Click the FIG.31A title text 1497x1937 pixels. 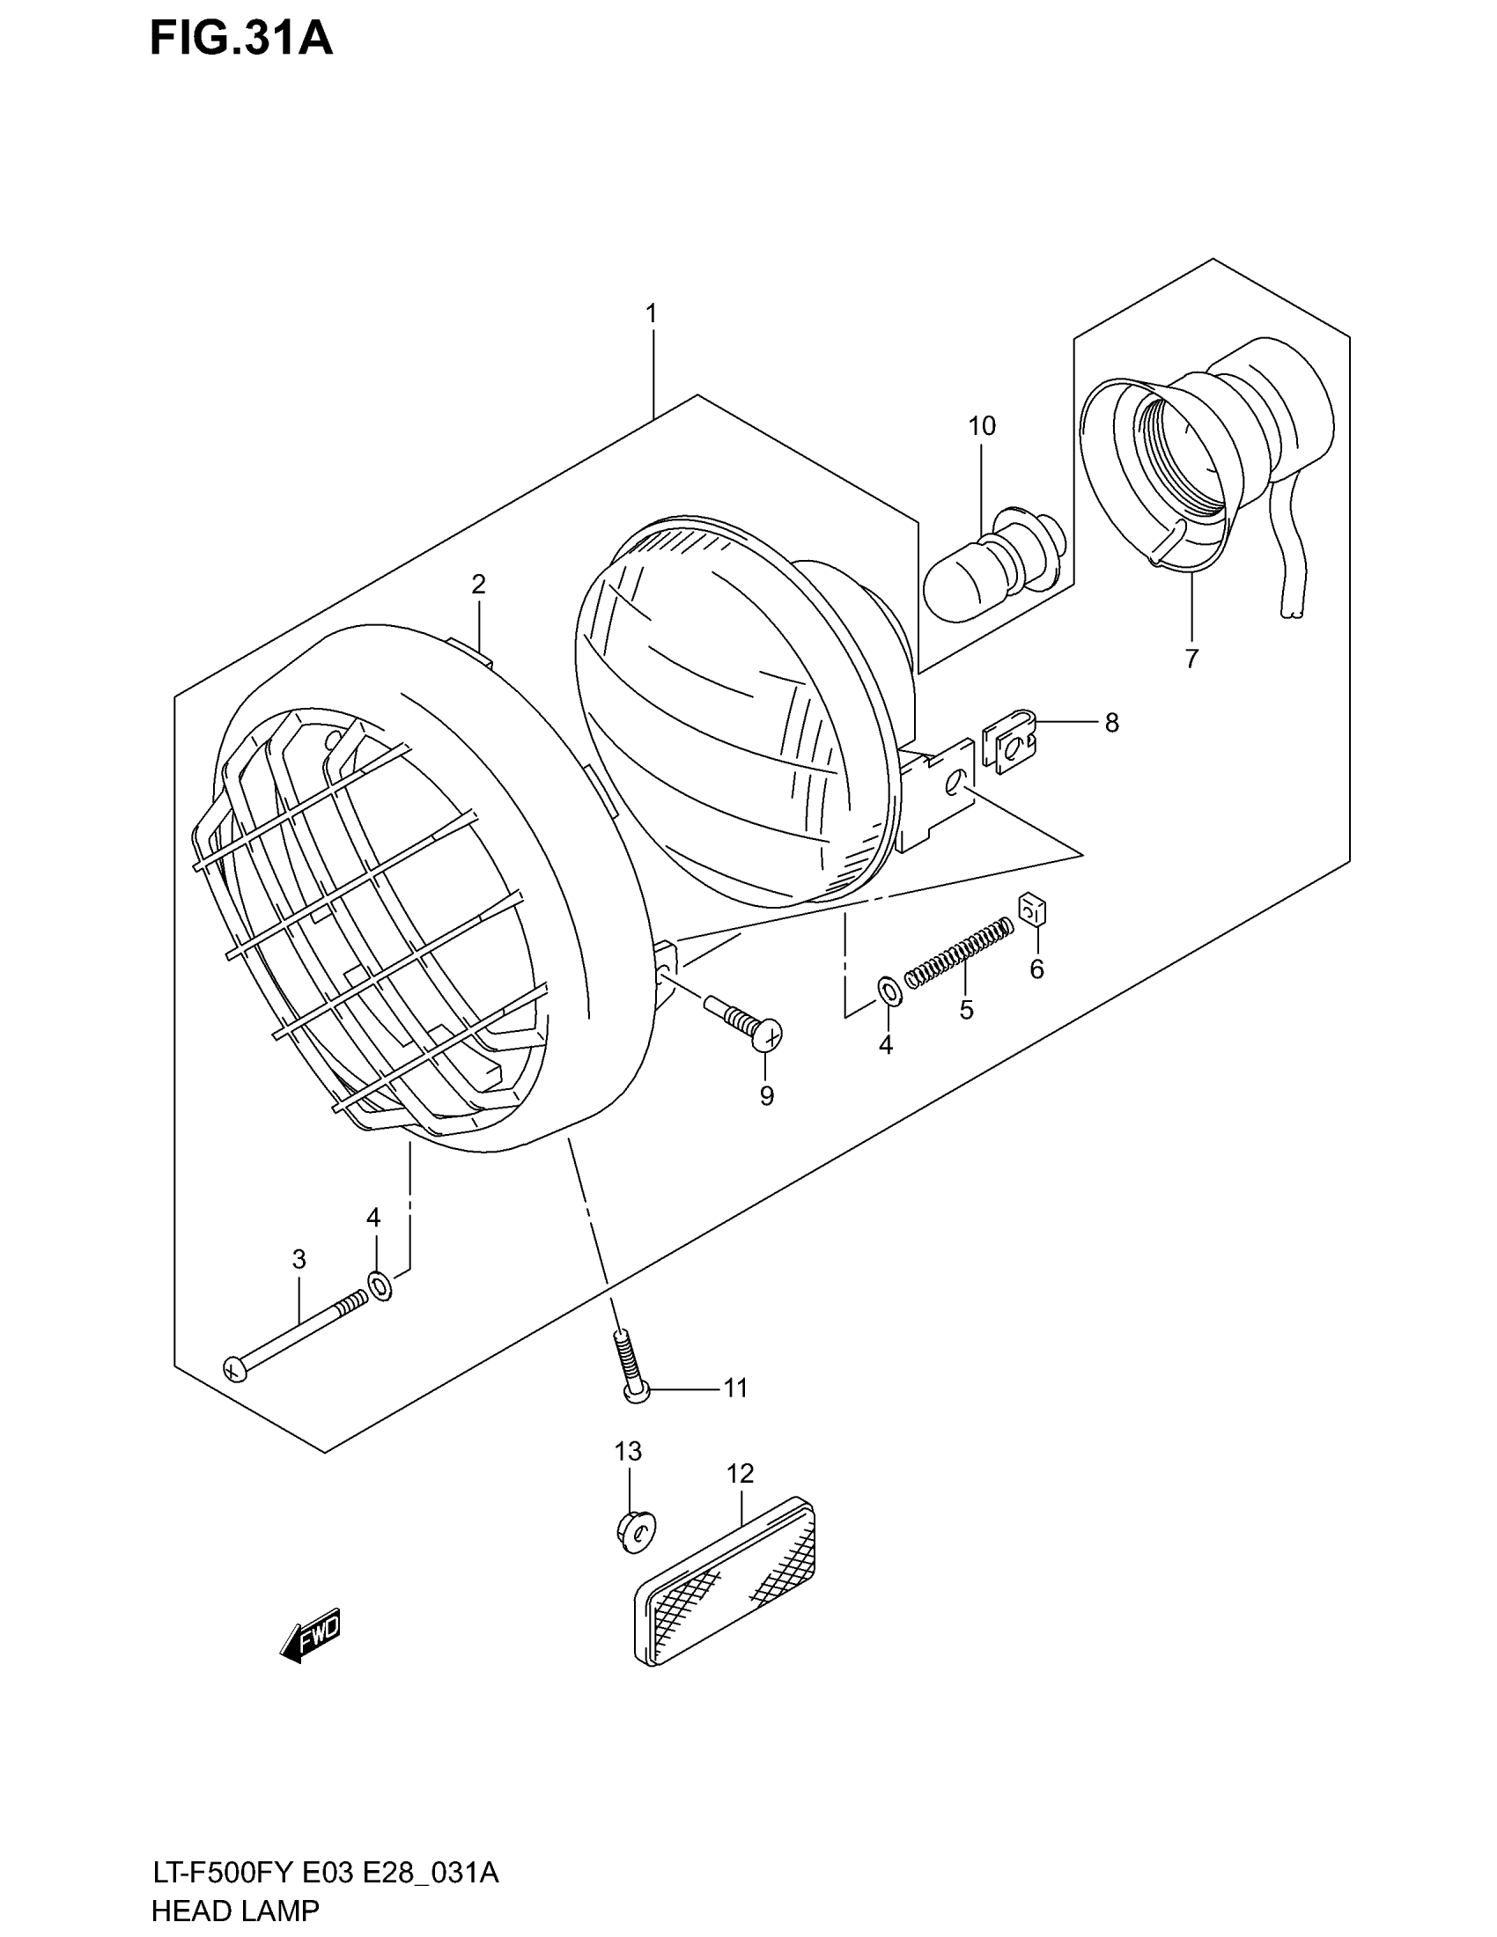(241, 40)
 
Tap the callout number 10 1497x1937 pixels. (982, 427)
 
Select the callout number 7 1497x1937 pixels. (1191, 658)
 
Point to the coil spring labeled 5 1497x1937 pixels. (960, 951)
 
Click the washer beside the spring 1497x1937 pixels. (889, 991)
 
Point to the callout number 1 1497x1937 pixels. (651, 314)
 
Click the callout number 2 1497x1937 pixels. (478, 585)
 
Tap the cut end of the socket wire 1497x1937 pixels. (1291, 612)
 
